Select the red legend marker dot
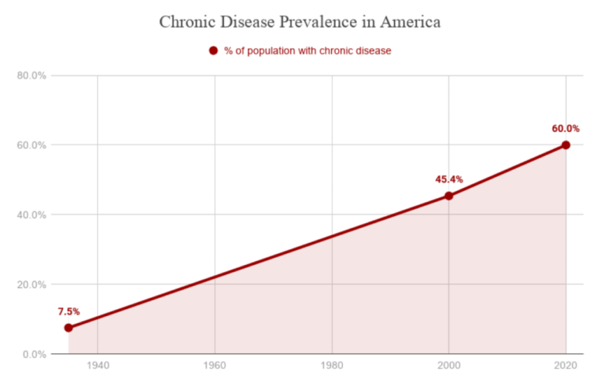point(213,50)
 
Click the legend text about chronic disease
point(307,50)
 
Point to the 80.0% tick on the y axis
point(32,75)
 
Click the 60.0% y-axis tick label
point(32,145)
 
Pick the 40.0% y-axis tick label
point(32,214)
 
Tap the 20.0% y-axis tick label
point(32,284)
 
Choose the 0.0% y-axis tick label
point(34,354)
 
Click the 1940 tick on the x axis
point(97,366)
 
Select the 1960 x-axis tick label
point(215,366)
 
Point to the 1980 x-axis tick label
point(332,366)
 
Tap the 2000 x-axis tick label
point(449,366)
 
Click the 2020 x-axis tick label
point(566,366)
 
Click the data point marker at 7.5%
point(68,328)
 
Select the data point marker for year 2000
point(449,196)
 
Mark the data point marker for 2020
point(566,145)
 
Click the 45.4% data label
point(449,179)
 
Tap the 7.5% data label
point(68,311)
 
